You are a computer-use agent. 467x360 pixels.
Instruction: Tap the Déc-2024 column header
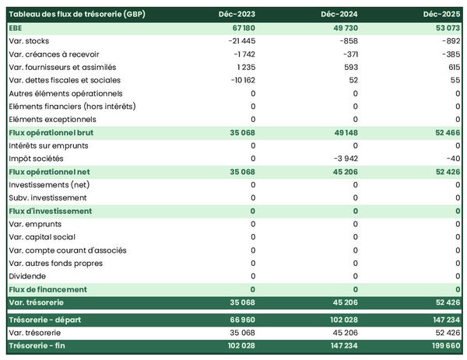[339, 15]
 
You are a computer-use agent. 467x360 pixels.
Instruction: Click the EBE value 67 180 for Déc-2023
[241, 28]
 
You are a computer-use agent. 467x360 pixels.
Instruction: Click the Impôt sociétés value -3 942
[343, 158]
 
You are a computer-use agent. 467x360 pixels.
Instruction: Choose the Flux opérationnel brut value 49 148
[343, 132]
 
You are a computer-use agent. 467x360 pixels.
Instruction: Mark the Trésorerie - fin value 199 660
[444, 345]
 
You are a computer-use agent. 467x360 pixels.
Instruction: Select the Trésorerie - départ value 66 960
[240, 320]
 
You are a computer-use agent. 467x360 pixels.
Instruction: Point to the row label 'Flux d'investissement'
[50, 211]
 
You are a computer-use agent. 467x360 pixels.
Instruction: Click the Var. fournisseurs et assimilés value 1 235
[244, 67]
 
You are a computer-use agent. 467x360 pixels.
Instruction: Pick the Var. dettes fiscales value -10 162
[240, 80]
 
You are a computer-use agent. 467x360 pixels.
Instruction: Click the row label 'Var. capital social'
[46, 237]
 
